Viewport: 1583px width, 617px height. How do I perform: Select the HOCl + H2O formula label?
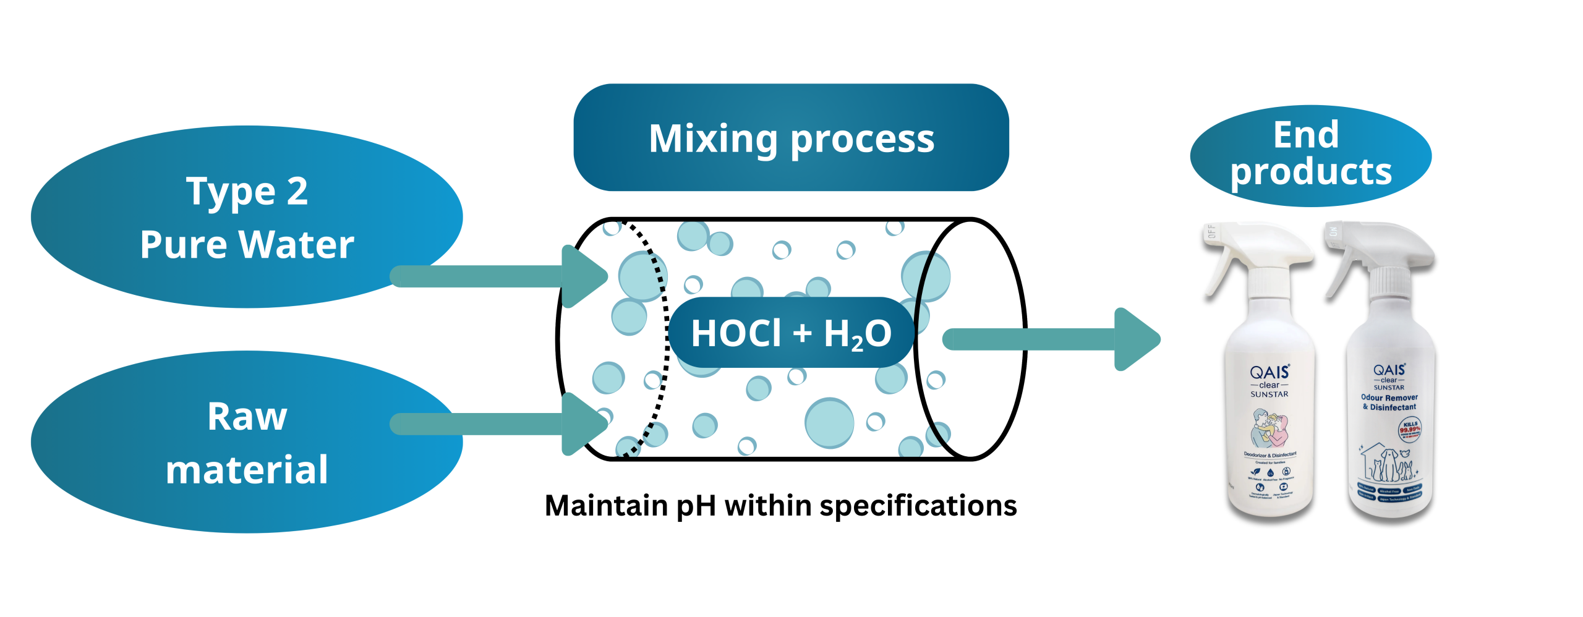[x=791, y=333]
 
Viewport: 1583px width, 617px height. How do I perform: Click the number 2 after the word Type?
[x=297, y=191]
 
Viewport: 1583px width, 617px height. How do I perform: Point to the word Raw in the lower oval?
[x=247, y=417]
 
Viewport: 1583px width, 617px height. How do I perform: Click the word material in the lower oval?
[x=247, y=470]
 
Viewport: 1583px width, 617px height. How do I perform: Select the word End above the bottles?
[x=1306, y=134]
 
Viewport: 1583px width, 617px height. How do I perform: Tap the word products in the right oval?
[x=1311, y=172]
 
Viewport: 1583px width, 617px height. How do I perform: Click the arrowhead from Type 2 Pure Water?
[x=584, y=276]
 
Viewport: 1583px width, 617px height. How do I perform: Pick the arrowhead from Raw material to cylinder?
[x=584, y=424]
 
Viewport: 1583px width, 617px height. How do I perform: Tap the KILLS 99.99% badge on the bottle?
[x=1410, y=428]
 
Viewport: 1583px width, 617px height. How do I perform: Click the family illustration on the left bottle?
[x=1269, y=428]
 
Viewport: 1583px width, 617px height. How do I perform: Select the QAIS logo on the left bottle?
[x=1269, y=372]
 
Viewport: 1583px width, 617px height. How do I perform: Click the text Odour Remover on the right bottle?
[x=1389, y=398]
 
